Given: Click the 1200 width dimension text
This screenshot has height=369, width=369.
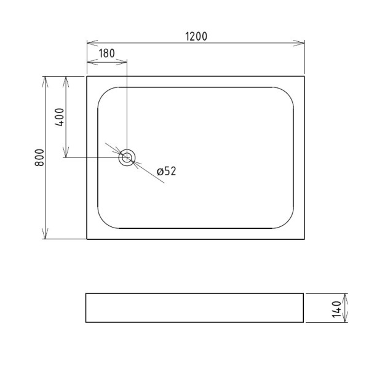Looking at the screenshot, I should [196, 36].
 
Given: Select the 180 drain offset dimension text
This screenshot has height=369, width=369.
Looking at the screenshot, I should [106, 54].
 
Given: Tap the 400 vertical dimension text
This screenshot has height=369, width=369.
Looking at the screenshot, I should [60, 116].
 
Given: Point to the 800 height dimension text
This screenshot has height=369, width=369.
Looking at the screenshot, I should [39, 157].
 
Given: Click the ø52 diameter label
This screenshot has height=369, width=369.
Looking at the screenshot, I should [167, 172].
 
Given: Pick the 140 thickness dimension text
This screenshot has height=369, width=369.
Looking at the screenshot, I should [336, 307].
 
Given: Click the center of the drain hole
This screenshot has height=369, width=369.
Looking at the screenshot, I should [127, 157].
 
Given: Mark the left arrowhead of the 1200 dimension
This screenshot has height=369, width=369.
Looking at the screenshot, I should [90, 43].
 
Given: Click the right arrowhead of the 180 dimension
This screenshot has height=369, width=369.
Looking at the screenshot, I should [123, 61].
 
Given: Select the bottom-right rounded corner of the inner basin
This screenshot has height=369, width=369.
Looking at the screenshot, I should [288, 223].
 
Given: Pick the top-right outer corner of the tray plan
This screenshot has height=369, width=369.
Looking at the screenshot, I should [304, 76].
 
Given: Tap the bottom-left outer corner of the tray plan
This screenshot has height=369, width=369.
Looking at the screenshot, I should [87, 239].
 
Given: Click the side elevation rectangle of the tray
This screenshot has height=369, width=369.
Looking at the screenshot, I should [194, 307].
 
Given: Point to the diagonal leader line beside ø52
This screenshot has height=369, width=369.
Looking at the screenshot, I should [151, 175].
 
